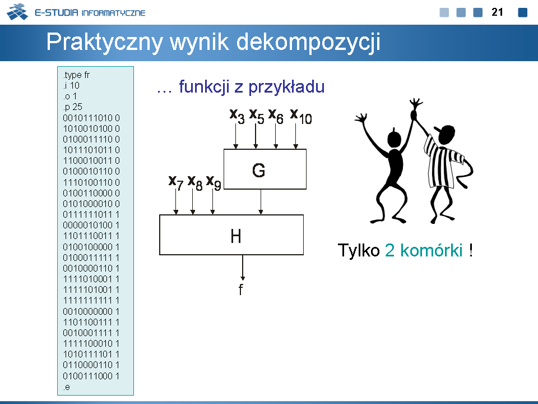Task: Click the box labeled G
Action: tap(265, 169)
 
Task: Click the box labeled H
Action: tap(231, 235)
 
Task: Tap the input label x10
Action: tap(301, 117)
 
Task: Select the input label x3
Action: tap(237, 116)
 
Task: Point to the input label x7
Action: tap(176, 182)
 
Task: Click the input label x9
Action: tap(214, 182)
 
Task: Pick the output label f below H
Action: tap(241, 290)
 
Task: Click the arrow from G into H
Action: tap(261, 202)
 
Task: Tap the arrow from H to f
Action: tap(243, 268)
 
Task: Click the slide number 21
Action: tap(497, 12)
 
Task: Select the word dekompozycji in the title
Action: tap(308, 43)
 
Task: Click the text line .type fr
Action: tap(76, 75)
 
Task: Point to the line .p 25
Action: tap(73, 107)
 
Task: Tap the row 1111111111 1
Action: tap(91, 300)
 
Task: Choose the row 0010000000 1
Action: tap(91, 311)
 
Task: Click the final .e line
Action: tap(67, 387)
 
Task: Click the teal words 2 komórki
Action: tap(424, 250)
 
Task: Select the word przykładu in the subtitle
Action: tap(286, 88)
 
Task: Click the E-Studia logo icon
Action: tap(17, 12)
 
